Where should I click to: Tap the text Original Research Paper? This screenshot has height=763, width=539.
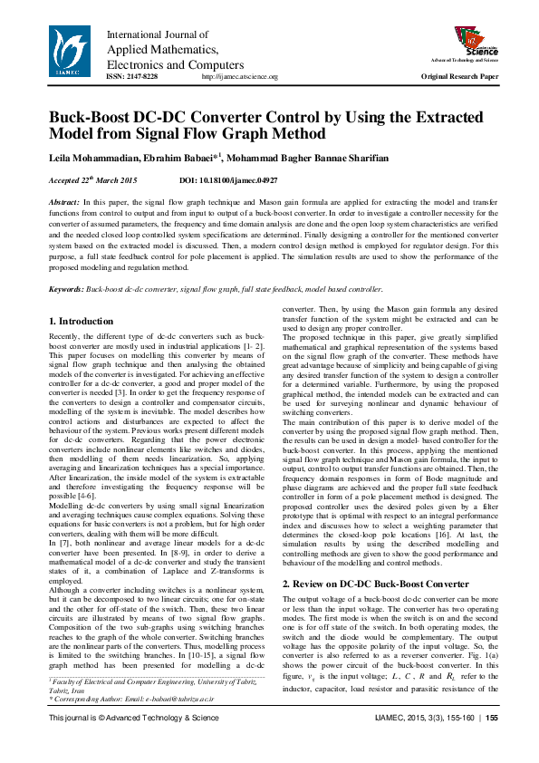tap(459, 78)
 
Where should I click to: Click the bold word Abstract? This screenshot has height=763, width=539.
tap(63, 202)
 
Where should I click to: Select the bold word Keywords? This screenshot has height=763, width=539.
tap(66, 289)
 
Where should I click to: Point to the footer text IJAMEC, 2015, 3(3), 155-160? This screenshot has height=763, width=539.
tap(425, 744)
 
